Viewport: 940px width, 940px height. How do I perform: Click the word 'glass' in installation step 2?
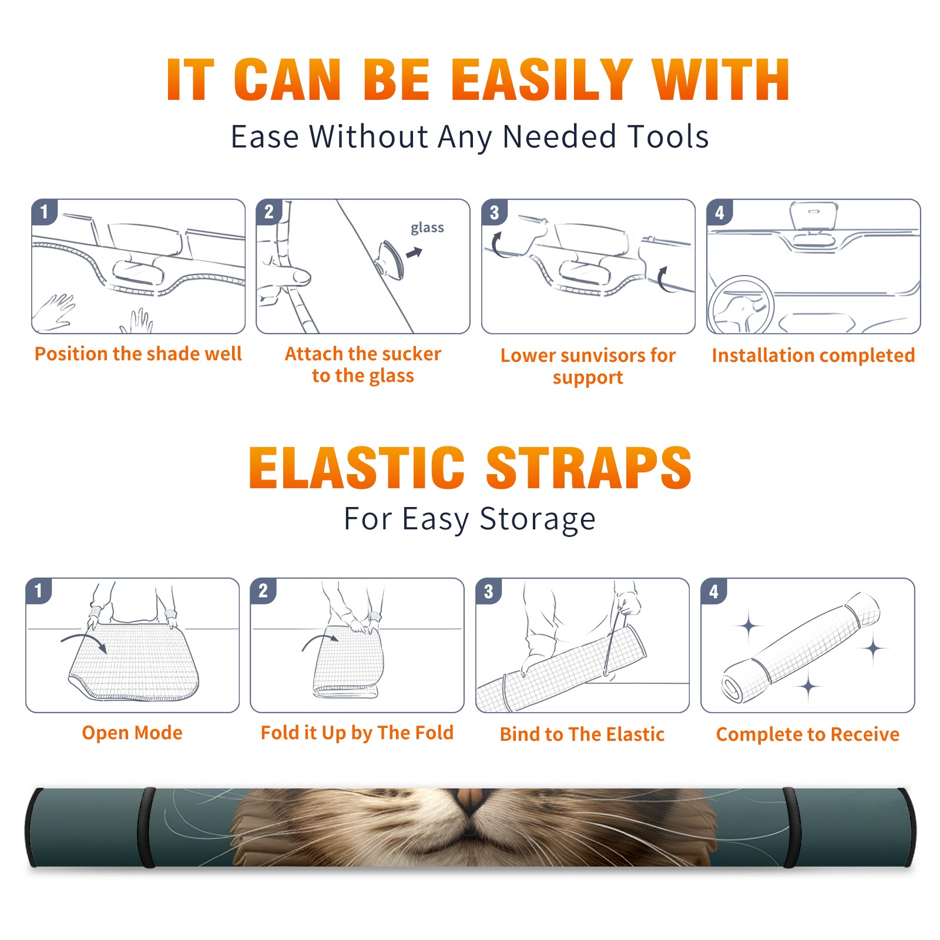click(427, 228)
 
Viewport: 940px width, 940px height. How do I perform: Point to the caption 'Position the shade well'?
click(138, 354)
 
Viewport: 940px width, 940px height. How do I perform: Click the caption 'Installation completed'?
click(813, 355)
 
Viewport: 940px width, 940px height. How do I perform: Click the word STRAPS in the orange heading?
click(589, 468)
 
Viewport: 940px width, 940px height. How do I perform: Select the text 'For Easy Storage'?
click(469, 519)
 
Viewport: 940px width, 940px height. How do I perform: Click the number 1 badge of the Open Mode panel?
click(39, 590)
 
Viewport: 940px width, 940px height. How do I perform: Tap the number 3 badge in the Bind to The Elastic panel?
click(489, 590)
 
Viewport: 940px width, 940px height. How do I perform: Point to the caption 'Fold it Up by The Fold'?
click(357, 733)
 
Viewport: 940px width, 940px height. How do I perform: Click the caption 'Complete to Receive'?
click(808, 734)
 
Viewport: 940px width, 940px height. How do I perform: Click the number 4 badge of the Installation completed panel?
click(720, 212)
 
